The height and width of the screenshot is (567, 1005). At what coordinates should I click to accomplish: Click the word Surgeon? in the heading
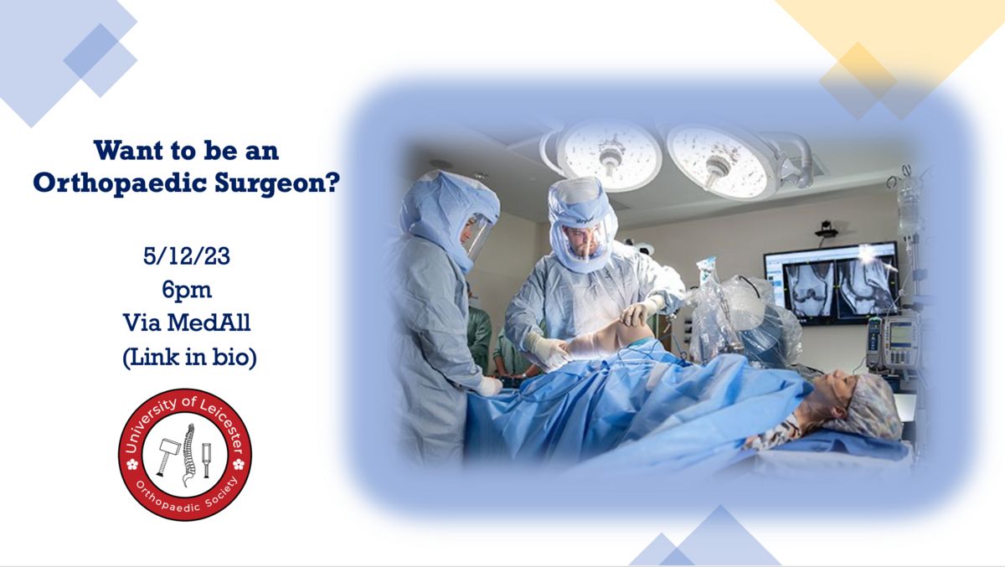coord(277,183)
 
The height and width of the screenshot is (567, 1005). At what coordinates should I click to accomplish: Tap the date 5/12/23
coord(187,256)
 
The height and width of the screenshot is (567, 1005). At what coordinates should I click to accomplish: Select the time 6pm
coord(187,291)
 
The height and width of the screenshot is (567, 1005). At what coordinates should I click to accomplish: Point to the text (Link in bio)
coord(190,357)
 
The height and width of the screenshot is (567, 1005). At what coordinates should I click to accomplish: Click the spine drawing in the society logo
coord(189,455)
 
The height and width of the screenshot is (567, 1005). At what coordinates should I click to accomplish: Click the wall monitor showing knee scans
coord(832,282)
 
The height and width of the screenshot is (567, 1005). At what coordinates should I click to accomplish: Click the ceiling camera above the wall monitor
coord(827,230)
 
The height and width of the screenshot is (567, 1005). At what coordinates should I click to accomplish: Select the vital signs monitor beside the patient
coord(899,342)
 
